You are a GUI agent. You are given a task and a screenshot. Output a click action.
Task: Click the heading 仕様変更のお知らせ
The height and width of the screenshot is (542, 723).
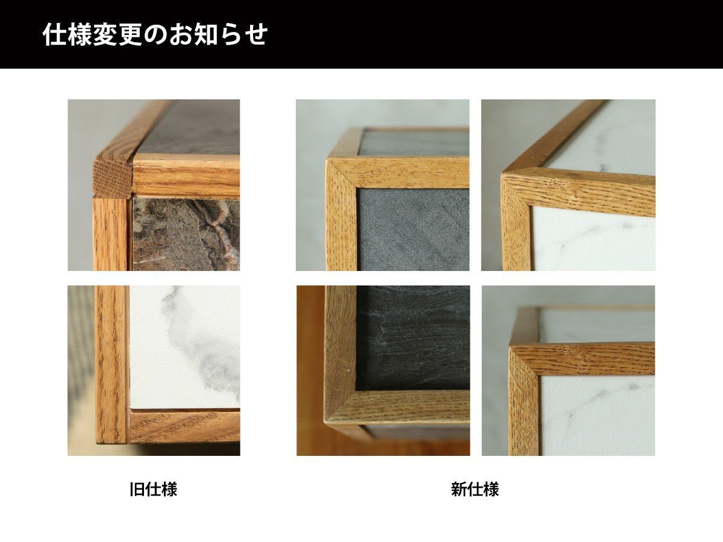(155, 34)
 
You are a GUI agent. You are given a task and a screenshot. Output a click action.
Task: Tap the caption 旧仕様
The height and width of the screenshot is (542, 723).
(154, 489)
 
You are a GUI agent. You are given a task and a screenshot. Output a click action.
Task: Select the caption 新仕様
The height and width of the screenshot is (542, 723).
(475, 489)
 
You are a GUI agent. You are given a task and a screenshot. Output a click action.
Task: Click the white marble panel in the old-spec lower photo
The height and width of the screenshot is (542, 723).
(184, 346)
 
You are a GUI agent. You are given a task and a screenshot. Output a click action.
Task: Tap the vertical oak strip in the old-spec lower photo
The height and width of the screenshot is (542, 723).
(111, 361)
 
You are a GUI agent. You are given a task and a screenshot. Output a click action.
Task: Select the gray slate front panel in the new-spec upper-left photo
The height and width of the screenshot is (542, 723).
(413, 229)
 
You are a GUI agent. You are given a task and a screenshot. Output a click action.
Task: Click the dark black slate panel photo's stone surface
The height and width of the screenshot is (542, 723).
(413, 337)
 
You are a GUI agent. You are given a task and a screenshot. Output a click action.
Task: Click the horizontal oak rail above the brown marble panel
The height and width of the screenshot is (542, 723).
(186, 175)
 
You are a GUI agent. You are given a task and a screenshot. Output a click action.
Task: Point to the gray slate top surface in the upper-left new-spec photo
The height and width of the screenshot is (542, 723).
(416, 143)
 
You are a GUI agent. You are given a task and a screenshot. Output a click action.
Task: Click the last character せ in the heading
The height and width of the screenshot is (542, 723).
(256, 34)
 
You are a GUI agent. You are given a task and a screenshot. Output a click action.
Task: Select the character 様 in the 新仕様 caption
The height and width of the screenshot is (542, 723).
(491, 489)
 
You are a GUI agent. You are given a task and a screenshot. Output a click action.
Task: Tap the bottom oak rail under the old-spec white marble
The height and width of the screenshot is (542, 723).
(184, 426)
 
